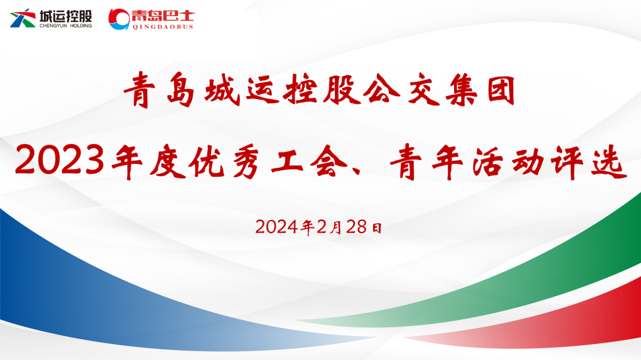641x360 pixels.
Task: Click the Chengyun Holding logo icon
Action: point(23,18)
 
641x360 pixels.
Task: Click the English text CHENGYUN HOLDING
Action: point(66,26)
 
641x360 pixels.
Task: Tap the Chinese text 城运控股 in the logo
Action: point(66,15)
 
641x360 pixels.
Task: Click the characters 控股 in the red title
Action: point(330,91)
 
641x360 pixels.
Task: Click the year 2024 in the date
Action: point(278,227)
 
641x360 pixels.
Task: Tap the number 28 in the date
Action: point(356,227)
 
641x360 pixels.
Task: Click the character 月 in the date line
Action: point(336,227)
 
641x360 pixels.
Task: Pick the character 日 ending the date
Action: point(376,227)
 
